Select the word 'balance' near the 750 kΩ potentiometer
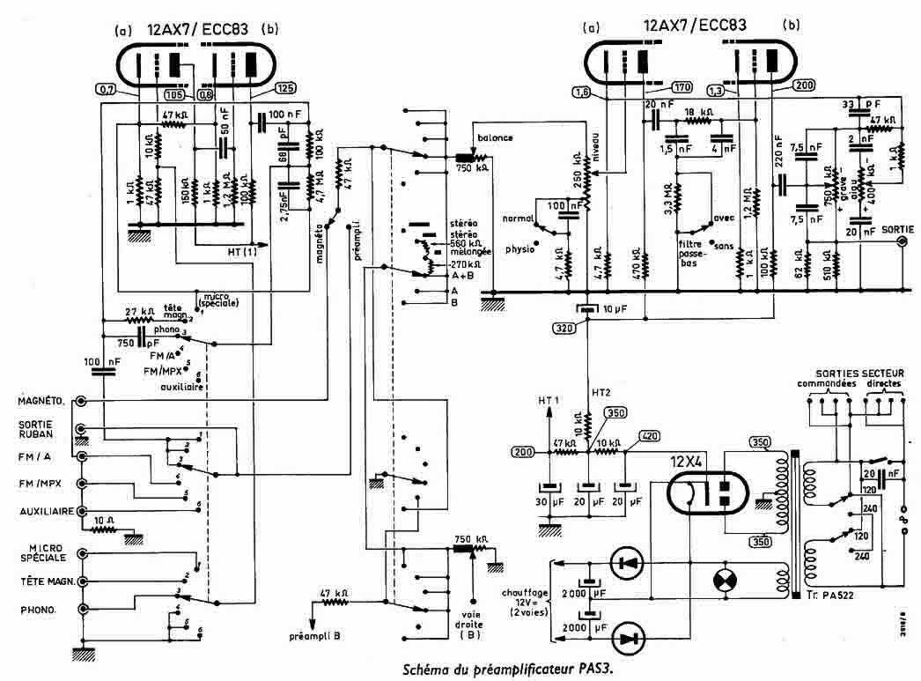coord(495,138)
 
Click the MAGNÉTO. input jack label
coord(43,402)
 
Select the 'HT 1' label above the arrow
coord(549,399)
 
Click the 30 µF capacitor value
coord(552,503)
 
